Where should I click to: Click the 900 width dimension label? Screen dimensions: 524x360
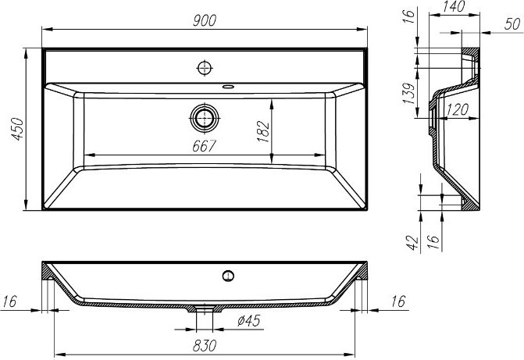205,21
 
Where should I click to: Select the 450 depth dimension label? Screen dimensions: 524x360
17,129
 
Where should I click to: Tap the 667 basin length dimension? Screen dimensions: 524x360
205,146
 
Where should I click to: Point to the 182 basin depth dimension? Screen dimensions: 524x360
263,131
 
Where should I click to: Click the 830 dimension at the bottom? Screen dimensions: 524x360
205,345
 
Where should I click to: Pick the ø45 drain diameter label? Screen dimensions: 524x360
248,321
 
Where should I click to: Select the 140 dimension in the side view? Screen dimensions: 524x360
453,7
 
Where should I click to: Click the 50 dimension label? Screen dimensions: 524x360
512,24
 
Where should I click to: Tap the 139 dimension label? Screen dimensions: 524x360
408,93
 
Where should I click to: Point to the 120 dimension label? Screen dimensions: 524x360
457,109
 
